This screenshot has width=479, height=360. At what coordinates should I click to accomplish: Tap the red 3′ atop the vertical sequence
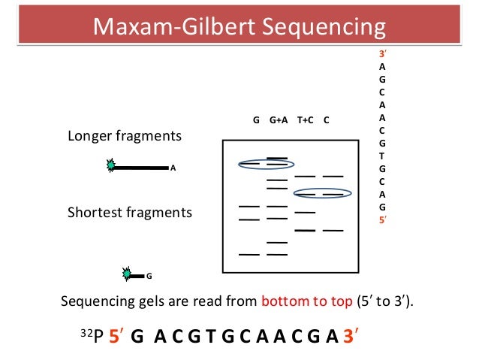[383, 55]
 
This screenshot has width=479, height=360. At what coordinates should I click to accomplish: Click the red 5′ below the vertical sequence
[383, 220]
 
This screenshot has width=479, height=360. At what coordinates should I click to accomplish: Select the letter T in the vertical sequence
[383, 156]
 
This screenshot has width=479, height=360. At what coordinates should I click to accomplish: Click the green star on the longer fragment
[110, 167]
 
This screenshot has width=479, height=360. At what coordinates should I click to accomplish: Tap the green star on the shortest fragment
[127, 275]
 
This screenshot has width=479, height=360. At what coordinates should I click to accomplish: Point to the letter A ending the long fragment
[173, 168]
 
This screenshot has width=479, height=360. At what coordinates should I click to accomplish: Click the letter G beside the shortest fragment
[149, 276]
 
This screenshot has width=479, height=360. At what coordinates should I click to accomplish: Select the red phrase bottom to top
[306, 302]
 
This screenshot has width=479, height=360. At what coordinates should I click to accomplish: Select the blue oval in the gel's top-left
[267, 164]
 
